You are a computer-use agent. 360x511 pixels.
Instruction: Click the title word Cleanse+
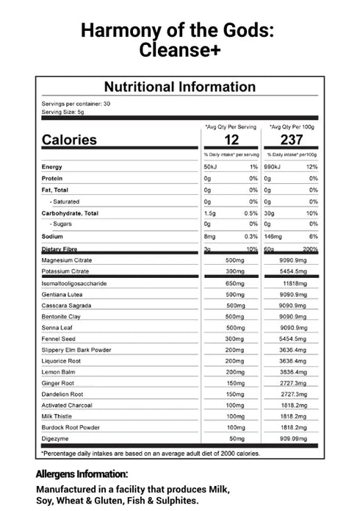(x=180, y=50)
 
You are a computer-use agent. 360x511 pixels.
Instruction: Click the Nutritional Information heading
(x=180, y=87)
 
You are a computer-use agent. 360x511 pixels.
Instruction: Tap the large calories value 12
(x=232, y=140)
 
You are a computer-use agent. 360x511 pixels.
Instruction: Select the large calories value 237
(x=291, y=140)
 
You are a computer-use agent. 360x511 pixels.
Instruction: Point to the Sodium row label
(x=53, y=236)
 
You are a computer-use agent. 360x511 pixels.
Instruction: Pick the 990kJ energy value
(x=276, y=167)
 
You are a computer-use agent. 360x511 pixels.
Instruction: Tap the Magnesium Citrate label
(x=67, y=260)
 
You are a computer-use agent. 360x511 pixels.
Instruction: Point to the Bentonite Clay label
(x=61, y=315)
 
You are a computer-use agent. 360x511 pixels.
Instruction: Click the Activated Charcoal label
(x=67, y=404)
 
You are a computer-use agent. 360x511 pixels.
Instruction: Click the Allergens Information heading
(x=82, y=474)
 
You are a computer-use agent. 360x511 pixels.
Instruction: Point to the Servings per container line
(x=76, y=104)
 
